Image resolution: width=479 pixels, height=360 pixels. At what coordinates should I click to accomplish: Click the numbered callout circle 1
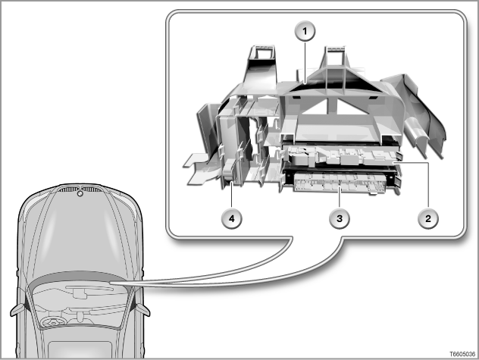[305, 31]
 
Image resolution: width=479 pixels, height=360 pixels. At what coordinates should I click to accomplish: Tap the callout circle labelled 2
[428, 218]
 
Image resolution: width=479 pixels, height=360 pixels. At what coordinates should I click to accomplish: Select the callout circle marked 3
[340, 218]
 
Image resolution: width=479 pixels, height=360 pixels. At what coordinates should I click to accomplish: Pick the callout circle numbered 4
[232, 218]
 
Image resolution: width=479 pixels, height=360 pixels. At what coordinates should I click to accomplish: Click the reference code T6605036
[462, 354]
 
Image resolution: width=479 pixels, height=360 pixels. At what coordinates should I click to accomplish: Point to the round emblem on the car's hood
[80, 193]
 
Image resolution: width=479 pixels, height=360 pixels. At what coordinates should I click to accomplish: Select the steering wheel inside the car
[52, 322]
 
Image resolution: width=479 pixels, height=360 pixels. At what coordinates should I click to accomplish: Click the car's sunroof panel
[80, 349]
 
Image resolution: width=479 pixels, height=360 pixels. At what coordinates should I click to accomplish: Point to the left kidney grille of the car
[68, 189]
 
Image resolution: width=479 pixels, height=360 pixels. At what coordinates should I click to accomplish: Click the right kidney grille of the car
[92, 189]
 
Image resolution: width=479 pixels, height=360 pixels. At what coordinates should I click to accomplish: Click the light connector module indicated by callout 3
[340, 183]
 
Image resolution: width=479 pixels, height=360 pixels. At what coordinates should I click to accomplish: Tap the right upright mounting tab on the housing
[335, 60]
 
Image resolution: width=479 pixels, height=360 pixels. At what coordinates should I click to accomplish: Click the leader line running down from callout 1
[305, 62]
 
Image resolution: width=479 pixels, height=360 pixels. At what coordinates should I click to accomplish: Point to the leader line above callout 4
[232, 195]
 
